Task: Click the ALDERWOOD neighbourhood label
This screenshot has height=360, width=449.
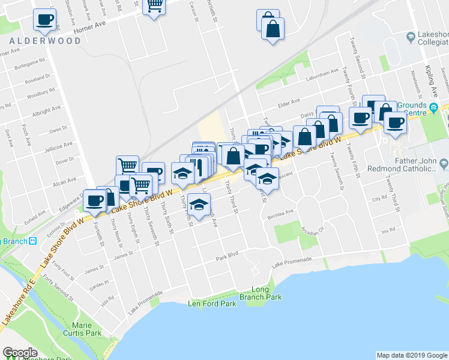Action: tap(45, 41)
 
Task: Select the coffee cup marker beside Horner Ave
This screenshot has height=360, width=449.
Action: tap(45, 20)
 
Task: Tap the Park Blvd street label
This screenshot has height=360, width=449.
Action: tap(228, 255)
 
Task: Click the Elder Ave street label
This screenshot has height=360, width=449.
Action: tap(288, 104)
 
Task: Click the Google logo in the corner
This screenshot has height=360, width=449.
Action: tap(20, 353)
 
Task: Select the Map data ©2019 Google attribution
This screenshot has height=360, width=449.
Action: tap(412, 355)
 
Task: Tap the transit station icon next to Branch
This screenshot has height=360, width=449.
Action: tap(33, 241)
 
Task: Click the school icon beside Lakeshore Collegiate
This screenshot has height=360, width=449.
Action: tap(411, 37)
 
